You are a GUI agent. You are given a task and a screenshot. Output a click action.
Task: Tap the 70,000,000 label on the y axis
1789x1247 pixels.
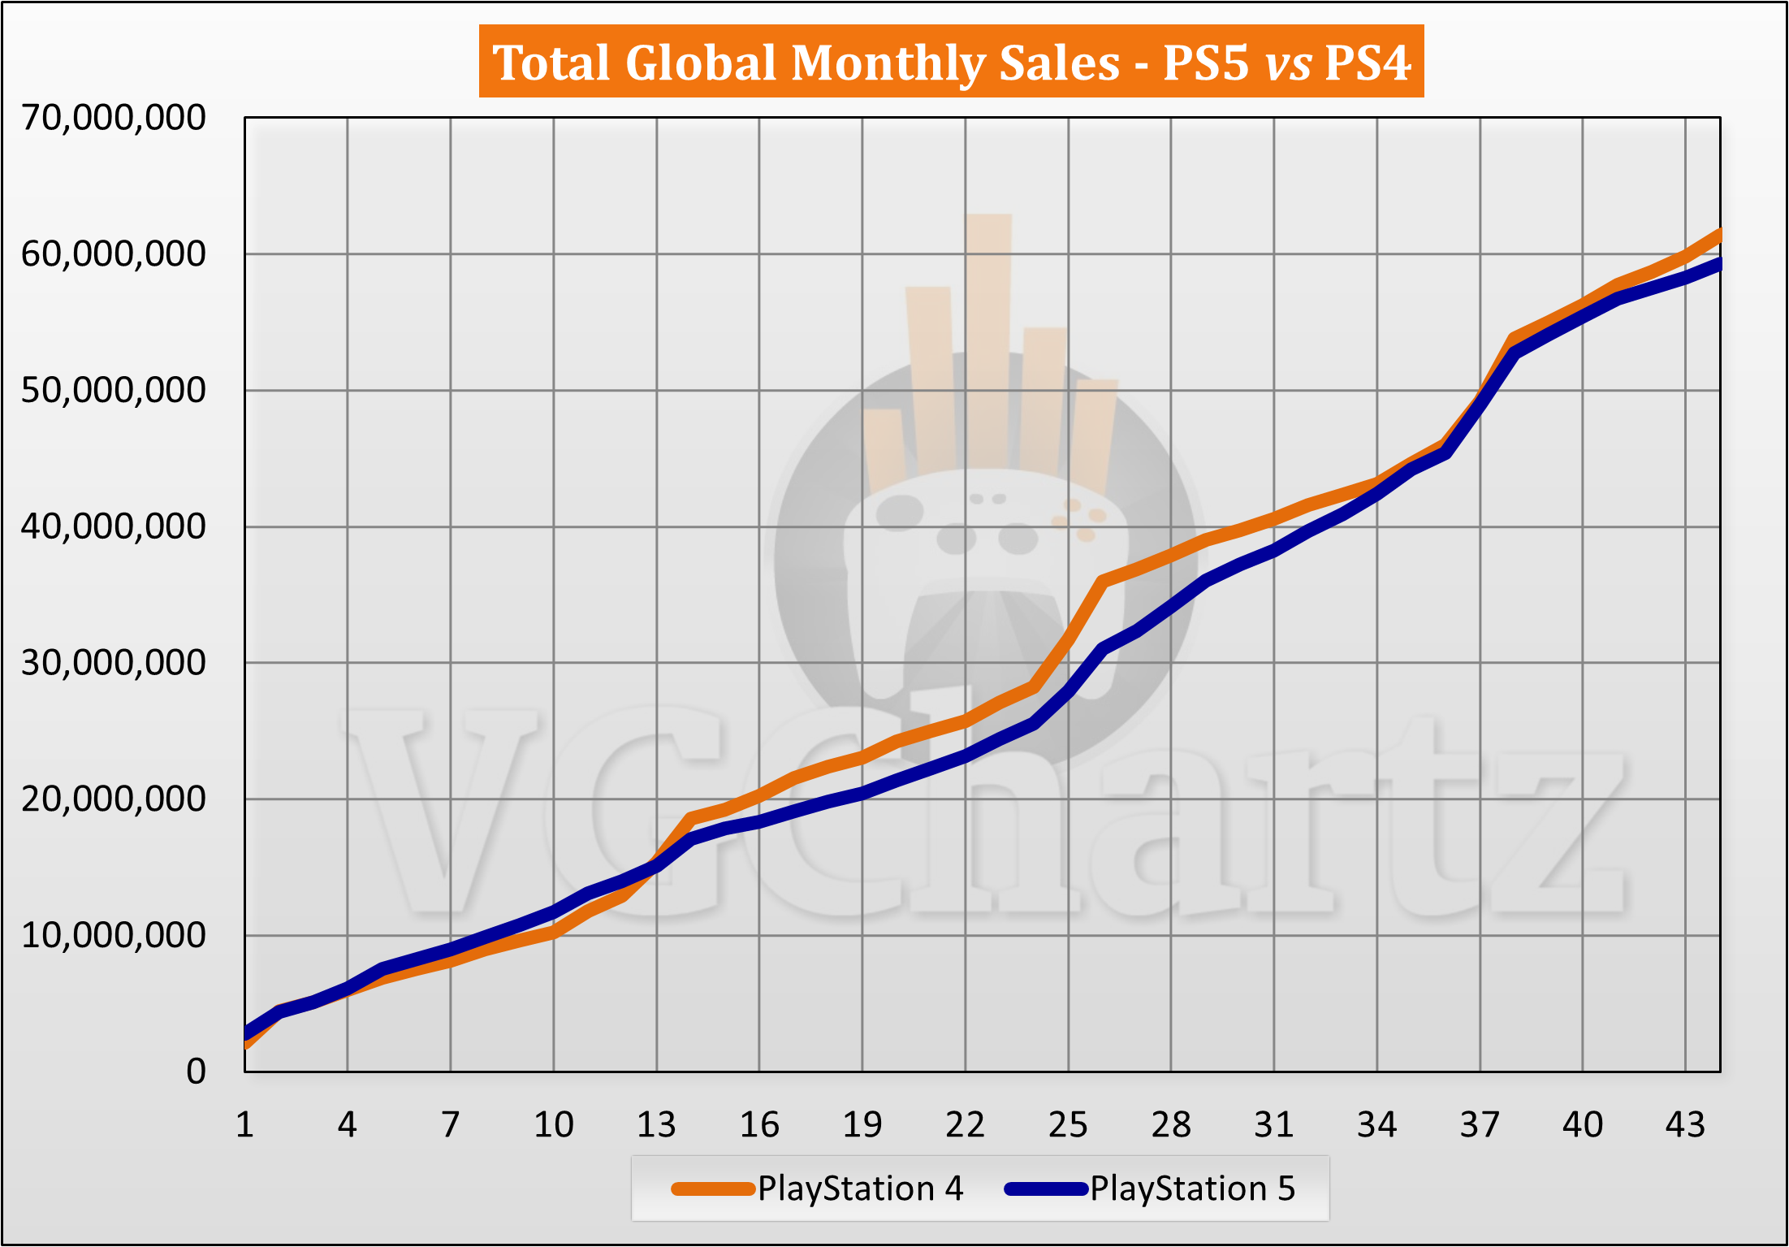coord(114,118)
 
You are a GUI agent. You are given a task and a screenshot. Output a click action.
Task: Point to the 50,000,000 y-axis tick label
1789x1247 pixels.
coord(114,391)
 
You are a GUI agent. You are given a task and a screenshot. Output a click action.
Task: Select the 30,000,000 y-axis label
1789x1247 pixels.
coord(114,663)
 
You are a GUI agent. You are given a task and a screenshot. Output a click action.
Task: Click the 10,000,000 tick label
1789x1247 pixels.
coord(114,936)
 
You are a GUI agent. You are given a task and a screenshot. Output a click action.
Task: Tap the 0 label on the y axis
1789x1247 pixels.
coord(196,1072)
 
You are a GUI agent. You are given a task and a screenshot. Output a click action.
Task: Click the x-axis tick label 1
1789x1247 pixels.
coord(244,1125)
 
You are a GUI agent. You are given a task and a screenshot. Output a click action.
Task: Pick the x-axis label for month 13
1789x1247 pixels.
coord(656,1125)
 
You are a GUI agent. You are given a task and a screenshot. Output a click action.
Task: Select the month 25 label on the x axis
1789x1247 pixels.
coord(1068,1125)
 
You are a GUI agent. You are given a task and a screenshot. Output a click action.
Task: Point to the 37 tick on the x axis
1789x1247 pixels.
coord(1480,1125)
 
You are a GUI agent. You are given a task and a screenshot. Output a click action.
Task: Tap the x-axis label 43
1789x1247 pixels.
coord(1685,1125)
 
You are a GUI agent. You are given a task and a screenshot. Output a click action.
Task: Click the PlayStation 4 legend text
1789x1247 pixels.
coord(861,1189)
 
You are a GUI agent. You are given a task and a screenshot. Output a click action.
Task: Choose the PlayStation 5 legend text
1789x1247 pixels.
coord(1193,1189)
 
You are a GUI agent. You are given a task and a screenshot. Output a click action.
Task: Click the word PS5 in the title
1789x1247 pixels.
coord(1206,63)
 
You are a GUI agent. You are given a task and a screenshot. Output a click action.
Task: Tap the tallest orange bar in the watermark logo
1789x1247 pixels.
coord(988,341)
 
